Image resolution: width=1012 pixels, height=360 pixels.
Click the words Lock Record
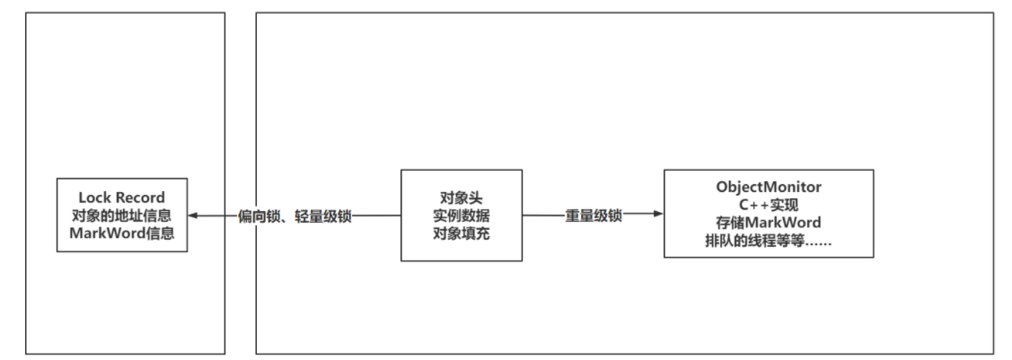[122, 198]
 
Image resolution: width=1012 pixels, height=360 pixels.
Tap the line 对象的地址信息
[122, 215]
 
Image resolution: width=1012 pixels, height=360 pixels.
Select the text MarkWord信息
[122, 233]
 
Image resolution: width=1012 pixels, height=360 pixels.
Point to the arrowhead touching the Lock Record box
[193, 216]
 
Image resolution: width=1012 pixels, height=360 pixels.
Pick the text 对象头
[462, 198]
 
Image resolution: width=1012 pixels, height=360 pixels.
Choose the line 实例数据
[462, 216]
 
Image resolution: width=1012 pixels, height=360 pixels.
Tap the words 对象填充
[462, 233]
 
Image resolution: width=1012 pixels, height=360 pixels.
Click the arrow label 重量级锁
[594, 216]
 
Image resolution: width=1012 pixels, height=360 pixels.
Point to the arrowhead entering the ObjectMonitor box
[658, 214]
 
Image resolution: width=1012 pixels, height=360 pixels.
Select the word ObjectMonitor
[769, 187]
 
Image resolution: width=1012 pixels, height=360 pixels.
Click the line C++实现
[769, 205]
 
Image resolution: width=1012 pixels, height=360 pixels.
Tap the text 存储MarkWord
[769, 223]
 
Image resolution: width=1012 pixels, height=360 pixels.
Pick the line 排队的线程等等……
[769, 241]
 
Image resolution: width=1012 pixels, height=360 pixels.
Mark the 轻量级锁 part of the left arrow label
[323, 216]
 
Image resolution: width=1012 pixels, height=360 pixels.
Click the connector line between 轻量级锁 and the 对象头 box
[376, 216]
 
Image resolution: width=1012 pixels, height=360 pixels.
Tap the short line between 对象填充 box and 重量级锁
[543, 215]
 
